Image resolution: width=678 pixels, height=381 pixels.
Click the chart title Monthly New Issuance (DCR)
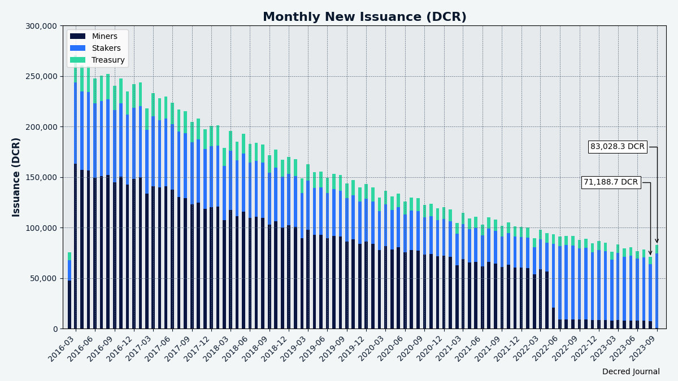pyautogui.click(x=364, y=17)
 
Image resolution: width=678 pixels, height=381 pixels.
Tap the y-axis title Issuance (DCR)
pyautogui.click(x=16, y=177)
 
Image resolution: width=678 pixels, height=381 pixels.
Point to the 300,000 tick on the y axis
pyautogui.click(x=41, y=26)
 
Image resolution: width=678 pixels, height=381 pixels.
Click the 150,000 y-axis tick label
pyautogui.click(x=41, y=177)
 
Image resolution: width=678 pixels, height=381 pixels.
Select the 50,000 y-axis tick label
pyautogui.click(x=44, y=278)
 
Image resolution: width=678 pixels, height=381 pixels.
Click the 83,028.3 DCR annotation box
pyautogui.click(x=617, y=147)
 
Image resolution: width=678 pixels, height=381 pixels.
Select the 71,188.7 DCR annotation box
pyautogui.click(x=610, y=182)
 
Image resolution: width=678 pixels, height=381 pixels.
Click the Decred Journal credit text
pyautogui.click(x=631, y=372)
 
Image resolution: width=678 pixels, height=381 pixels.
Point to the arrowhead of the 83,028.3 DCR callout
pyautogui.click(x=657, y=241)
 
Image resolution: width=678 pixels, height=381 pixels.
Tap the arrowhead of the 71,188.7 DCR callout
pyautogui.click(x=650, y=253)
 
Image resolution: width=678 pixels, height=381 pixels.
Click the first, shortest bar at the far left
pyautogui.click(x=69, y=294)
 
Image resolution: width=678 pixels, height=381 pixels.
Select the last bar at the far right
pyautogui.click(x=657, y=288)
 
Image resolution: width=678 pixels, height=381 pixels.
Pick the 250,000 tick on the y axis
pyautogui.click(x=41, y=76)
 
